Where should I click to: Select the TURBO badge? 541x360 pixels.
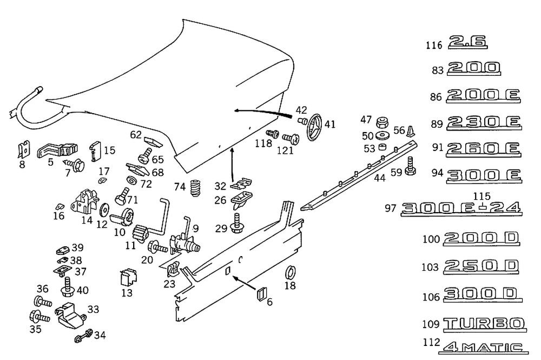pyautogui.click(x=484, y=324)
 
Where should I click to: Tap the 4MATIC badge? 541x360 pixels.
pyautogui.click(x=484, y=347)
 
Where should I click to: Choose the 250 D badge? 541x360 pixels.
pyautogui.click(x=481, y=266)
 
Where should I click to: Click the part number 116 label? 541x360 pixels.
pyautogui.click(x=434, y=45)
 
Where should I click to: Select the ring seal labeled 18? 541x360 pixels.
pyautogui.click(x=290, y=271)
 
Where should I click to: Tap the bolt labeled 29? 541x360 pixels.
pyautogui.click(x=237, y=224)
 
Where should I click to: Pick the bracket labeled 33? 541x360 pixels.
pyautogui.click(x=71, y=315)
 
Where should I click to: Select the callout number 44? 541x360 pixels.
pyautogui.click(x=380, y=177)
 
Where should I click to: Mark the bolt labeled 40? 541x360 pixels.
pyautogui.click(x=68, y=287)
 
